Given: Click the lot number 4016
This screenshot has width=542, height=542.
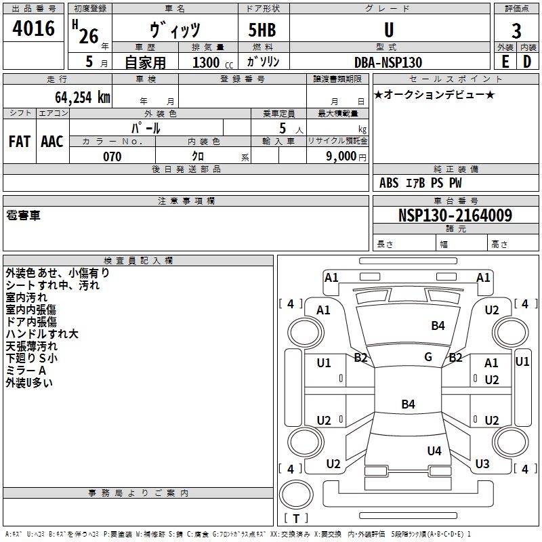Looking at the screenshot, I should point(33,28).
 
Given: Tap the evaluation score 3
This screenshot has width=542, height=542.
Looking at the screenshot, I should point(516,31).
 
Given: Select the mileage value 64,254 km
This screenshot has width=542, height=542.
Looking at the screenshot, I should point(76,98).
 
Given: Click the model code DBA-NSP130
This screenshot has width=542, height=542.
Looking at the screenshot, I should point(388,62).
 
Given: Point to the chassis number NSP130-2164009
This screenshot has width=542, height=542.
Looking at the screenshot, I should point(455,215).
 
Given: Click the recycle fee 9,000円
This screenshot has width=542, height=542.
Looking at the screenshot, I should point(345,157).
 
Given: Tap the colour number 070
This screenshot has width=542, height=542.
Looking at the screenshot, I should point(112,157).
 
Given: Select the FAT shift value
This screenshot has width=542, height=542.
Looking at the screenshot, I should point(20,141).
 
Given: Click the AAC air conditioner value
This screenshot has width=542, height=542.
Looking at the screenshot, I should point(52,141).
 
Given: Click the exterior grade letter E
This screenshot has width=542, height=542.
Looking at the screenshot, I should point(505,62).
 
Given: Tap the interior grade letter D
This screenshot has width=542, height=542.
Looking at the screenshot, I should point(527,62).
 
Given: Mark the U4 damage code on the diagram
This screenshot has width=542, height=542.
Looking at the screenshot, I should point(434,451).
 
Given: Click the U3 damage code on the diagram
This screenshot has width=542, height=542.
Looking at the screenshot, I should point(482,464).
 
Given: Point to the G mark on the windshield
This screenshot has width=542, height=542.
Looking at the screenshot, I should point(428,357).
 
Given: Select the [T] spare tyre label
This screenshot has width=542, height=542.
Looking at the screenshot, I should point(296,518).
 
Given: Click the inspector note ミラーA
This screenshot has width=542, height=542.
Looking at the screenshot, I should point(26,371).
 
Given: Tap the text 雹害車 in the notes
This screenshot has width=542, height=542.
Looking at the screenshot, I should point(23,215).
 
